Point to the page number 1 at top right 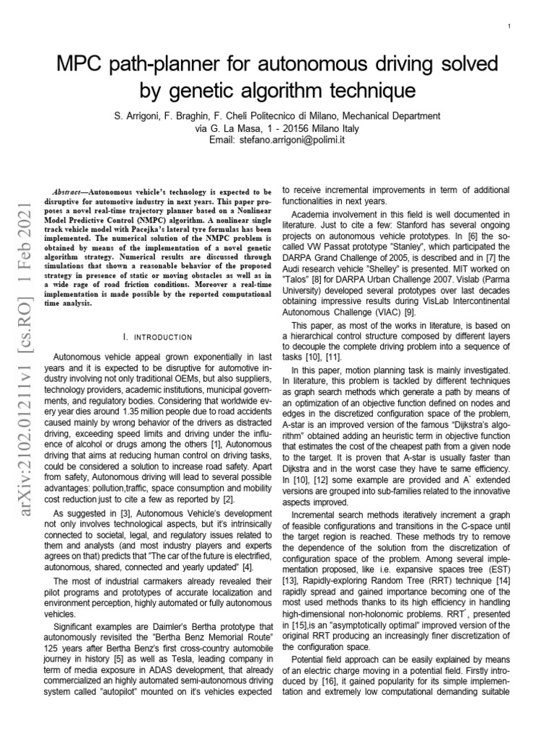pos(509,27)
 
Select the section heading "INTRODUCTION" pos(163,337)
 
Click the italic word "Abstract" pos(79,193)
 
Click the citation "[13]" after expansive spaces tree pos(291,579)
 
